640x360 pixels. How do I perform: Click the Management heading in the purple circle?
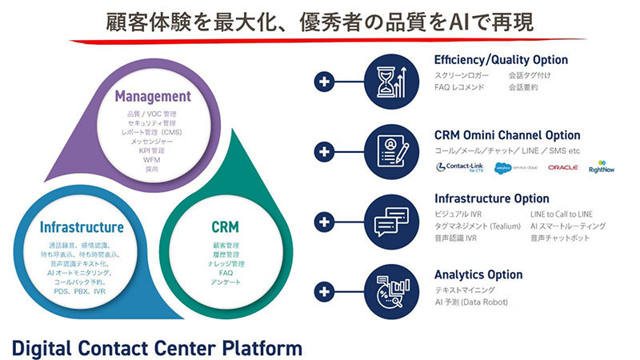[152, 97]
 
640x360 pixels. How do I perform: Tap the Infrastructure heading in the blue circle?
[82, 228]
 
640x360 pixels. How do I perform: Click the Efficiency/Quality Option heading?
[501, 60]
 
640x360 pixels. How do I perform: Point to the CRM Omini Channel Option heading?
[507, 135]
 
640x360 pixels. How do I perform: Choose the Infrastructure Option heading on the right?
[491, 198]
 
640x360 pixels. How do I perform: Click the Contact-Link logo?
[463, 168]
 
